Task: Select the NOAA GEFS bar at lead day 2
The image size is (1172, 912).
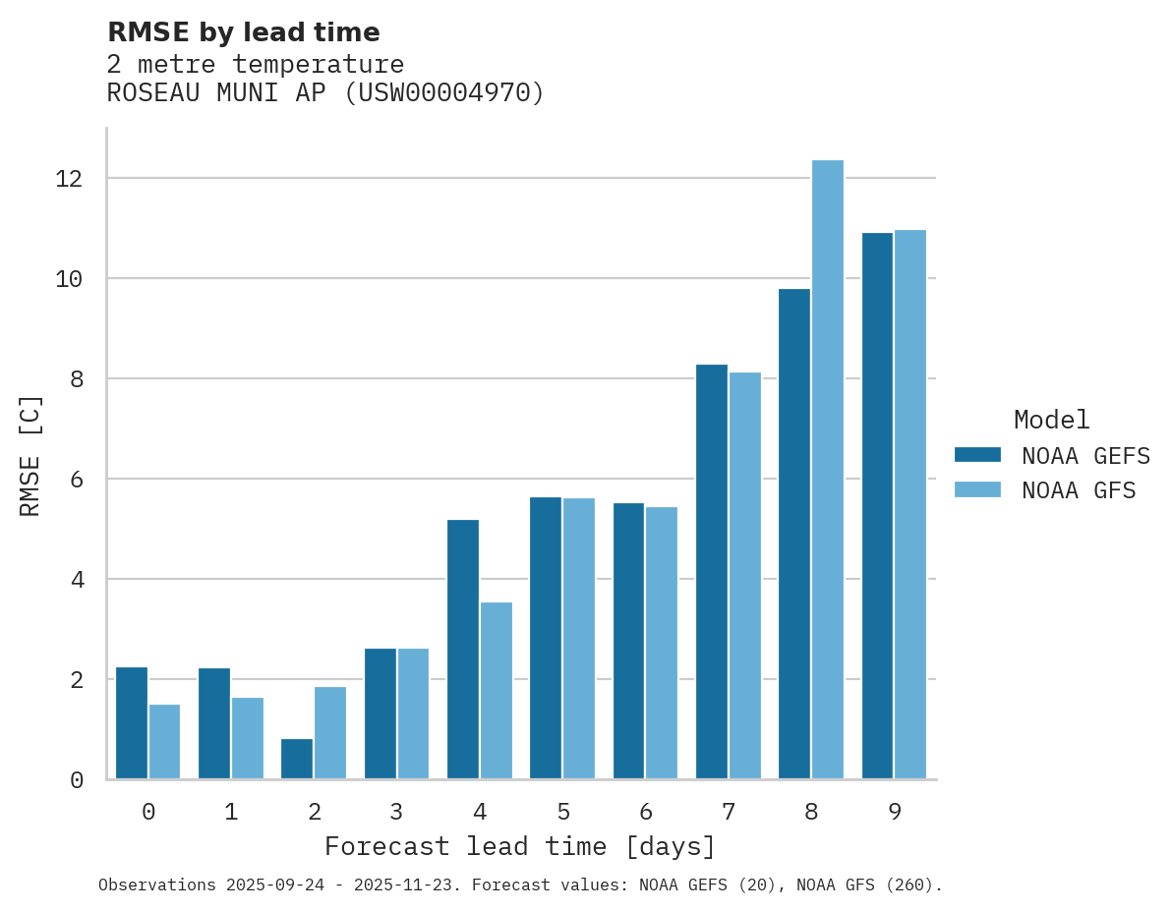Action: (297, 759)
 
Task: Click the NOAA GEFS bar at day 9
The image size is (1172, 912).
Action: (877, 506)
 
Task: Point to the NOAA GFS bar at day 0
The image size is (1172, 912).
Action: (165, 742)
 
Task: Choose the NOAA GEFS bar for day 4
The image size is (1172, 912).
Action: (463, 650)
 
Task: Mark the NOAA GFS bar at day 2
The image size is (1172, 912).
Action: (330, 733)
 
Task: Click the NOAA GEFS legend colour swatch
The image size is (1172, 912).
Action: (977, 455)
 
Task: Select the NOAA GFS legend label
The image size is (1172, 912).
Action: (1079, 490)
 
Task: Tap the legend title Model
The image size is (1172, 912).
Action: (1052, 421)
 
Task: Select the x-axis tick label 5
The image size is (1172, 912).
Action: (563, 813)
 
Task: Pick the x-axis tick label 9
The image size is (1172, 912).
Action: (894, 813)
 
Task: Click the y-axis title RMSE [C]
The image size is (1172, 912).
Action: (31, 455)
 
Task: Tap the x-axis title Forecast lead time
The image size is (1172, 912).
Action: (520, 847)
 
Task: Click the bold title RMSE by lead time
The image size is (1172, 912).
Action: (244, 32)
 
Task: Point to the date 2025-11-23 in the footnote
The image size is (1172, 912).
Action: (418, 885)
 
